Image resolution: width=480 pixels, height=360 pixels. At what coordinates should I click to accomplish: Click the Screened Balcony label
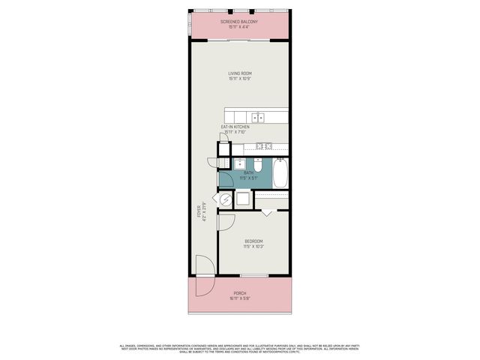point(239,25)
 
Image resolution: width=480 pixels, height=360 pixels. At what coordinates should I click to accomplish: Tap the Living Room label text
point(239,75)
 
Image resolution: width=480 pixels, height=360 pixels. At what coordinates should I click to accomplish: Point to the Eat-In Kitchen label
point(235,130)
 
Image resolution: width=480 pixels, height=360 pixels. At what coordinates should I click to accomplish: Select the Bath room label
point(248,175)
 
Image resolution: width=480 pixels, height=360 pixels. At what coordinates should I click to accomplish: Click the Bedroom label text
point(253,243)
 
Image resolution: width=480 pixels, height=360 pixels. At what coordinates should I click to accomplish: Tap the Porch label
point(239,295)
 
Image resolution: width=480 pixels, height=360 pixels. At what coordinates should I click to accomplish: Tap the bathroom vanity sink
point(241,163)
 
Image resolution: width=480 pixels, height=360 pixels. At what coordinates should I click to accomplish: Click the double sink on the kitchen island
point(258,117)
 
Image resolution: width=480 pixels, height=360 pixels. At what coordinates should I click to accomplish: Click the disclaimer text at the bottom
point(240,348)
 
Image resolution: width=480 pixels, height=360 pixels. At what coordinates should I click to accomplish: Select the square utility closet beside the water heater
point(244,199)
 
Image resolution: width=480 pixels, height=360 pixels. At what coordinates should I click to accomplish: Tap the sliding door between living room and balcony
point(239,40)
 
